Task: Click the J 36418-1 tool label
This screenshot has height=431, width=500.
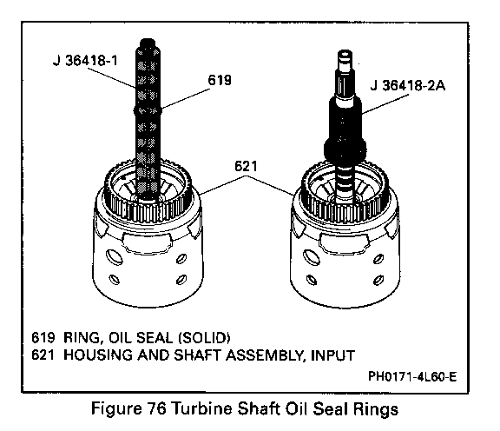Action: point(85,60)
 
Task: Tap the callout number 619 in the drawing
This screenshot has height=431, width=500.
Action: point(220,80)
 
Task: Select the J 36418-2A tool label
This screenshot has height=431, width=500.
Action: point(407,85)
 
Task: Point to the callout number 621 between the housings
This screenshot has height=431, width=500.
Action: point(246,166)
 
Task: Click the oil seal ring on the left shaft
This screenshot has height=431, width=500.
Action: point(148,110)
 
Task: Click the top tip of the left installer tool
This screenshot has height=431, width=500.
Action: point(148,40)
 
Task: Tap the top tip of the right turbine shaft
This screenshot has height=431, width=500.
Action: point(344,51)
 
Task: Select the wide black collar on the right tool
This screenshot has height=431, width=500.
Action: point(345,149)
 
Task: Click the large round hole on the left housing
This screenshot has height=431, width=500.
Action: point(114,256)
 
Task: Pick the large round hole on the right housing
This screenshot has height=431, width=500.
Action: point(312,256)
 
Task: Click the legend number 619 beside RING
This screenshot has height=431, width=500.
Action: point(43,337)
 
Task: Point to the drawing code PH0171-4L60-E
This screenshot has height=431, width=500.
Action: point(412,377)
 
